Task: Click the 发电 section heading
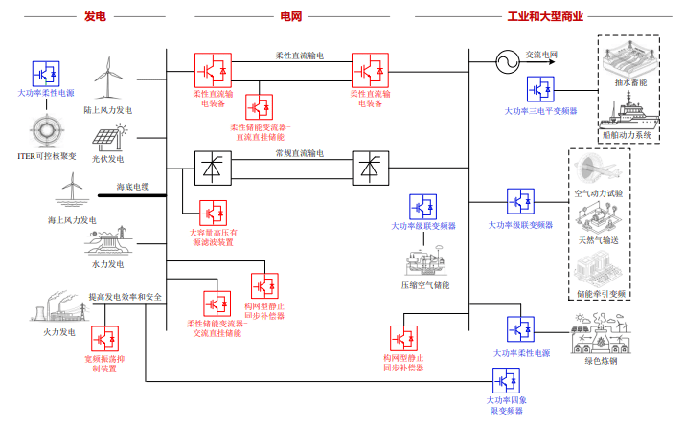click(x=95, y=15)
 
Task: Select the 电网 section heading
click(x=290, y=15)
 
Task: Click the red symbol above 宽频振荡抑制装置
click(x=104, y=340)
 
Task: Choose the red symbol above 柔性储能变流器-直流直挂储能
click(x=259, y=106)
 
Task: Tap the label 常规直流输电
click(x=300, y=153)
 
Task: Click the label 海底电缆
click(x=133, y=186)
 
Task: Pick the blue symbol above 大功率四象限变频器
click(x=505, y=380)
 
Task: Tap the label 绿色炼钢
click(x=601, y=361)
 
